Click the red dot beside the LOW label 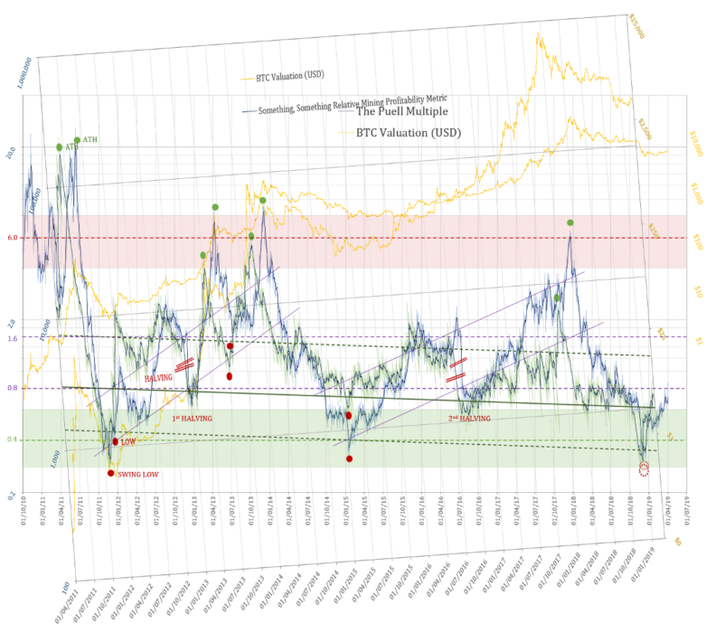115,442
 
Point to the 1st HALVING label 196,420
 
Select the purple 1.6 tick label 13,338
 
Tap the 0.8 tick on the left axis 13,389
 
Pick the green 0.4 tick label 13,439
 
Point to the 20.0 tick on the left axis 11,152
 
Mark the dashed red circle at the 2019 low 644,468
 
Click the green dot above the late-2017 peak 570,222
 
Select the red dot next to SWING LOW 110,473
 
